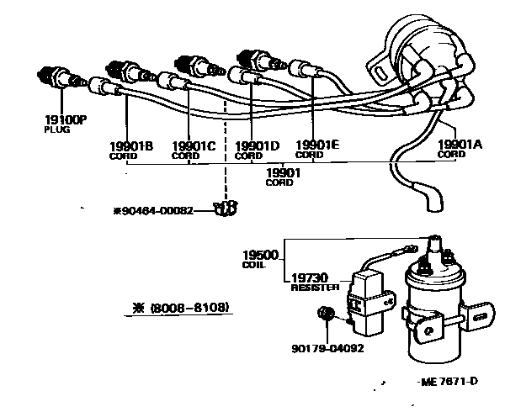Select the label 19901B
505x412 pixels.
tap(130, 145)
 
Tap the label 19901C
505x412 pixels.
tap(194, 145)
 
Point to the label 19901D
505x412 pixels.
tap(257, 145)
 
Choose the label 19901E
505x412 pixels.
tap(317, 145)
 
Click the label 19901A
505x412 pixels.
tap(460, 144)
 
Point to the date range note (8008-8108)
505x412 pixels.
tap(182, 307)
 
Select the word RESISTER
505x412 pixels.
tap(315, 288)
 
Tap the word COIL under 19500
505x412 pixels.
tap(253, 265)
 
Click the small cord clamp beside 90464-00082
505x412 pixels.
tap(222, 209)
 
